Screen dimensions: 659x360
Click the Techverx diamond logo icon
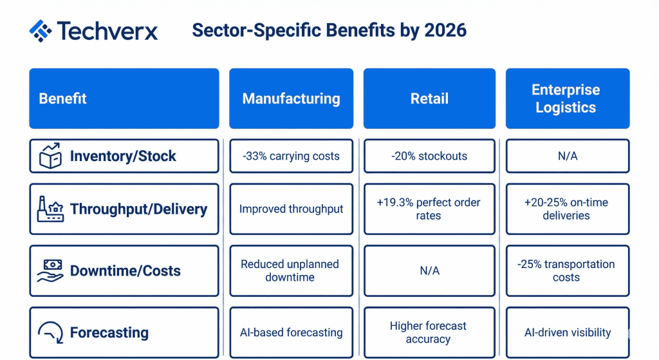pyautogui.click(x=41, y=31)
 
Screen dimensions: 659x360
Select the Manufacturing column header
pyautogui.click(x=292, y=99)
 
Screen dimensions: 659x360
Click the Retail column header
pyautogui.click(x=429, y=99)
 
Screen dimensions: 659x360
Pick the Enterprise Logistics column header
pyautogui.click(x=568, y=99)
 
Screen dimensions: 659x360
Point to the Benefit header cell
pyautogui.click(x=124, y=99)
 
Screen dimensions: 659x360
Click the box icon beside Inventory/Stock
pyautogui.click(x=50, y=156)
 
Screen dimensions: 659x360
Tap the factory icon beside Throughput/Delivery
pyautogui.click(x=50, y=209)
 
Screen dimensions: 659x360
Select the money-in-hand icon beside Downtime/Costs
pyautogui.click(x=50, y=270)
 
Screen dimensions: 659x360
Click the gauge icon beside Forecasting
pyautogui.click(x=51, y=332)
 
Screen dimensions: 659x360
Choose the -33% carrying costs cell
pyautogui.click(x=292, y=156)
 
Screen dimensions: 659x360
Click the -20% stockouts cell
pyautogui.click(x=429, y=156)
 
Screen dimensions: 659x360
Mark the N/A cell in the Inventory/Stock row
pyautogui.click(x=568, y=156)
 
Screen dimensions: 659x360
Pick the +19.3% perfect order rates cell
pyautogui.click(x=429, y=209)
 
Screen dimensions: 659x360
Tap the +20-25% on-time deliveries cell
pyautogui.click(x=568, y=209)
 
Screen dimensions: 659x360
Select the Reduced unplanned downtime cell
pyautogui.click(x=292, y=271)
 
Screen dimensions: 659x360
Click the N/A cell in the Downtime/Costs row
pyautogui.click(x=429, y=271)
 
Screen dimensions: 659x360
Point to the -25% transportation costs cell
pyautogui.click(x=568, y=271)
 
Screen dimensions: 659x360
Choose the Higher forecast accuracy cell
pyautogui.click(x=429, y=332)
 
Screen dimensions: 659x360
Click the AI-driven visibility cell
pyautogui.click(x=568, y=332)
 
